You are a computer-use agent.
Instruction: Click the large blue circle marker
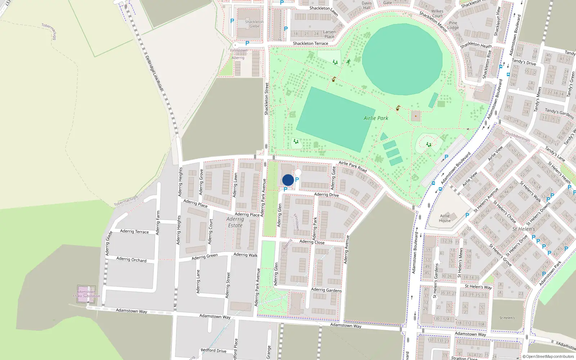pyautogui.click(x=288, y=180)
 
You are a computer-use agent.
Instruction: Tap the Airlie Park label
pyautogui.click(x=376, y=118)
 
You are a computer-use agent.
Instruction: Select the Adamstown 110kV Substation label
pyautogui.click(x=86, y=294)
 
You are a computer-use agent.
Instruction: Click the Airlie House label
pyautogui.click(x=445, y=218)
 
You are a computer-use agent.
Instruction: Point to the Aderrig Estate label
pyautogui.click(x=235, y=222)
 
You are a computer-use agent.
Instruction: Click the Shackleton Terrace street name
pyautogui.click(x=310, y=44)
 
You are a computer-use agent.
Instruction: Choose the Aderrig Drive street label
pyautogui.click(x=326, y=195)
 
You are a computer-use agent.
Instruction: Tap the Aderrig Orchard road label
pyautogui.click(x=131, y=260)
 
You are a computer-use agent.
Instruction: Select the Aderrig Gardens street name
pyautogui.click(x=326, y=290)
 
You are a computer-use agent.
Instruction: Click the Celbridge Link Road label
pyautogui.click(x=154, y=73)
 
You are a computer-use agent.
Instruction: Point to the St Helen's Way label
pyautogui.click(x=478, y=287)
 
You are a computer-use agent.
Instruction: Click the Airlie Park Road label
pyautogui.click(x=352, y=166)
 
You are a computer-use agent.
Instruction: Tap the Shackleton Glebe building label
pyautogui.click(x=254, y=24)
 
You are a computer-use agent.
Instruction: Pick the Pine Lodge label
pyautogui.click(x=453, y=25)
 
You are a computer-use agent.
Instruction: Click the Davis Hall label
pyautogui.click(x=366, y=5)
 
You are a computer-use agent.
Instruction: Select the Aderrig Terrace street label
pyautogui.click(x=134, y=231)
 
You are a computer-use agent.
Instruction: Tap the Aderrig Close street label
pyautogui.click(x=312, y=242)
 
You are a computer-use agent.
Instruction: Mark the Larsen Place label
pyautogui.click(x=329, y=34)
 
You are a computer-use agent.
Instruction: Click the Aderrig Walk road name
pyautogui.click(x=246, y=255)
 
